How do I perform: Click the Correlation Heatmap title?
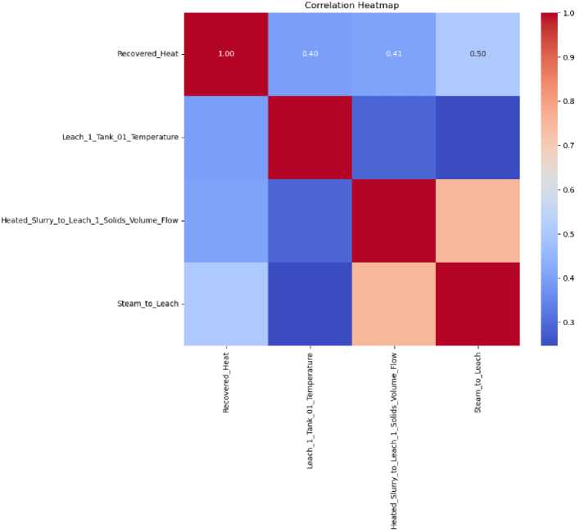pos(351,5)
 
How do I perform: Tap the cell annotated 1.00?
pos(224,53)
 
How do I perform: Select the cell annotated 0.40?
pos(309,53)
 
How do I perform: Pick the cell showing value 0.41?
pos(393,53)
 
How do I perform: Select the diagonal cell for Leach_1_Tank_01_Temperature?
pos(309,137)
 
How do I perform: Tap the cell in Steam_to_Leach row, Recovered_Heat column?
pos(224,304)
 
